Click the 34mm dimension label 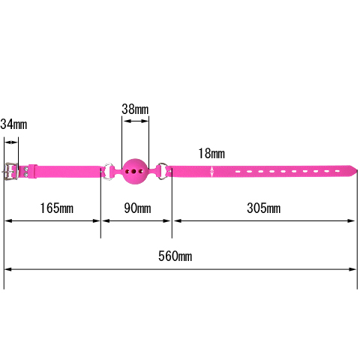click(x=13, y=124)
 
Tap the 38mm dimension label click(x=135, y=109)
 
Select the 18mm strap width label click(x=211, y=153)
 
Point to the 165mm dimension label click(x=57, y=208)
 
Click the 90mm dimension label click(x=137, y=208)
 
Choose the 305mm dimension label click(x=263, y=208)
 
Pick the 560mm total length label click(x=175, y=256)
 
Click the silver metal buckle click(x=11, y=171)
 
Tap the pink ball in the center click(x=135, y=171)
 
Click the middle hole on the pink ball click(x=133, y=172)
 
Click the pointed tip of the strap click(x=357, y=169)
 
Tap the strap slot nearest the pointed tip click(x=337, y=171)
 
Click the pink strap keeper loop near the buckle click(x=33, y=171)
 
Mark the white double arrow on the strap click(x=212, y=172)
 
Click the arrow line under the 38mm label click(x=136, y=121)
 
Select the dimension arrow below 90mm click(x=136, y=220)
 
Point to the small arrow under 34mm click(x=11, y=142)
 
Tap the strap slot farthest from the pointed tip click(x=238, y=172)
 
